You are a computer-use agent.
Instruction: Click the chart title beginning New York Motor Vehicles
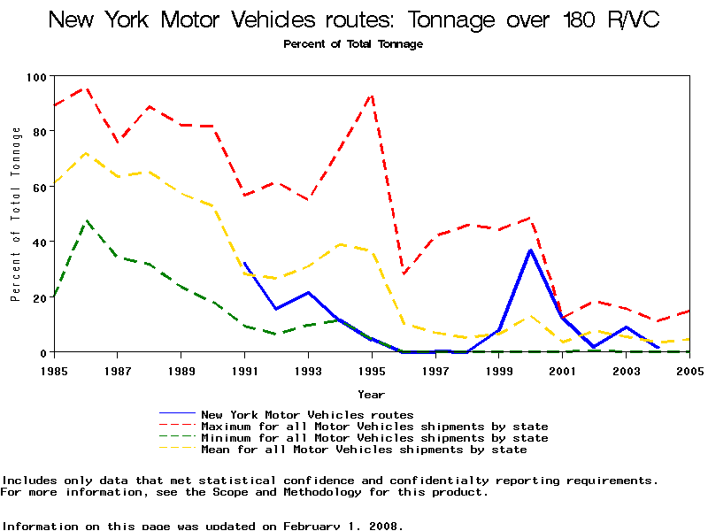coord(353,19)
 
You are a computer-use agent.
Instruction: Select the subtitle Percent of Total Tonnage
coord(353,44)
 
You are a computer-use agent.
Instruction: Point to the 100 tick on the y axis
coord(35,76)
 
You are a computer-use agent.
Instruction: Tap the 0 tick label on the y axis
coord(42,352)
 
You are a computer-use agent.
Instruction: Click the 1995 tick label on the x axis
coord(372,370)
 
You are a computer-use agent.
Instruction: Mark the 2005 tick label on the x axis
coord(689,370)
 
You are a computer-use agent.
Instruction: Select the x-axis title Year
coord(371,394)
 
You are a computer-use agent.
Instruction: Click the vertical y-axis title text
coord(16,214)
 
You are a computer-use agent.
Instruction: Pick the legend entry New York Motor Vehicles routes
coord(307,414)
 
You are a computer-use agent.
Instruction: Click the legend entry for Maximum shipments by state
coord(374,427)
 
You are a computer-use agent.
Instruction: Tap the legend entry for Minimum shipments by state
coord(374,438)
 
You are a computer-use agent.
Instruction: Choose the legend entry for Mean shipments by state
coord(364,450)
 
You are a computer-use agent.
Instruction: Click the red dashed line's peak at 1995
coord(372,94)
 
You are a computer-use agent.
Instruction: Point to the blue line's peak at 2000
coord(531,250)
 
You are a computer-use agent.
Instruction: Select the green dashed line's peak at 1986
coord(86,220)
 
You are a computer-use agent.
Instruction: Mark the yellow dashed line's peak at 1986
coord(86,153)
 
